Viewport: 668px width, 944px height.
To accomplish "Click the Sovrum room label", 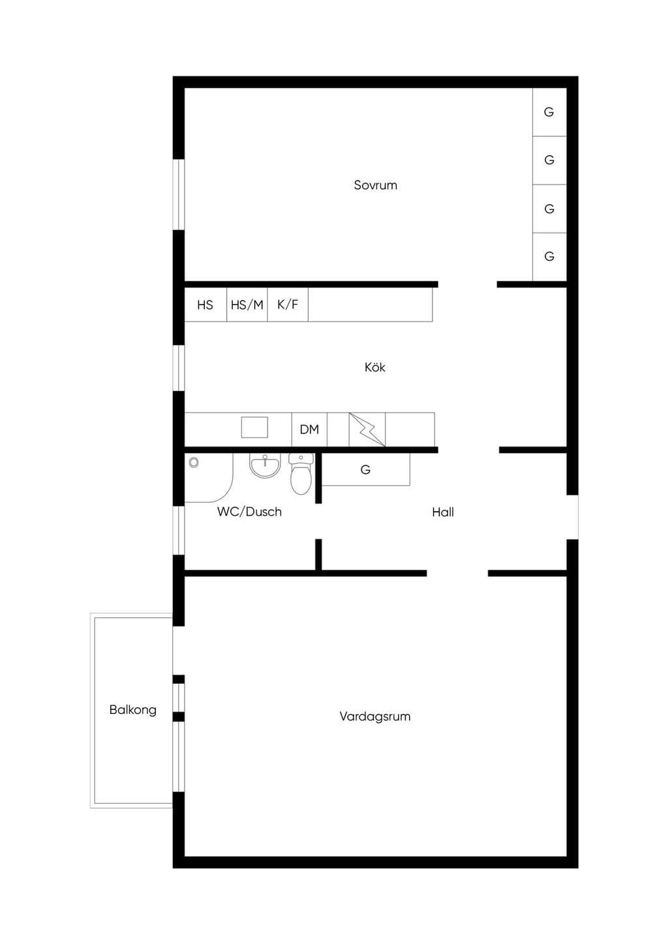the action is point(375,185).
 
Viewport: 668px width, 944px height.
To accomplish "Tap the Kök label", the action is point(375,367).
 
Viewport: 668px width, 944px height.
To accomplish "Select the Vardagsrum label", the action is point(375,717).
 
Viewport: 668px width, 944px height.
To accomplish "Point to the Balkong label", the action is point(133,710).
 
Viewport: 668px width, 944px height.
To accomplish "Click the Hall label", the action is point(443,512).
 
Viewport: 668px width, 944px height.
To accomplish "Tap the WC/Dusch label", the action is point(249,512).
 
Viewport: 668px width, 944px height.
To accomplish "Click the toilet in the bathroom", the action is point(301,474).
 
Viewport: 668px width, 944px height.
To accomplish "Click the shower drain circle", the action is point(194,463).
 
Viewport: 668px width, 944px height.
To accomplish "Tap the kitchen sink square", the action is point(254,427).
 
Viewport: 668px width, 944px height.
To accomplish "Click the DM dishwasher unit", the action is point(309,430).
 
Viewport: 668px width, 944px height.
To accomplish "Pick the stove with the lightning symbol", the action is point(367,430).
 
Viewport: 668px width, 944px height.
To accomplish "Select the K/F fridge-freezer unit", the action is point(288,304).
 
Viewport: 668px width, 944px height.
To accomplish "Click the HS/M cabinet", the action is point(247,304).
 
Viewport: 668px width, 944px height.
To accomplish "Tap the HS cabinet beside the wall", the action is point(205,304).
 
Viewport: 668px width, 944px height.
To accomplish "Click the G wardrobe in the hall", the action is point(365,469).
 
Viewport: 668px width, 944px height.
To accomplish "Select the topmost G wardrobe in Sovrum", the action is point(549,112).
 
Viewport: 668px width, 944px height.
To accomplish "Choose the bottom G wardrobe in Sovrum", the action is point(549,257).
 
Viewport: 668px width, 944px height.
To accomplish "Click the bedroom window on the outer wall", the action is point(179,195).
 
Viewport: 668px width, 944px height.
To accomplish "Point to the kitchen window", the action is point(179,368).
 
